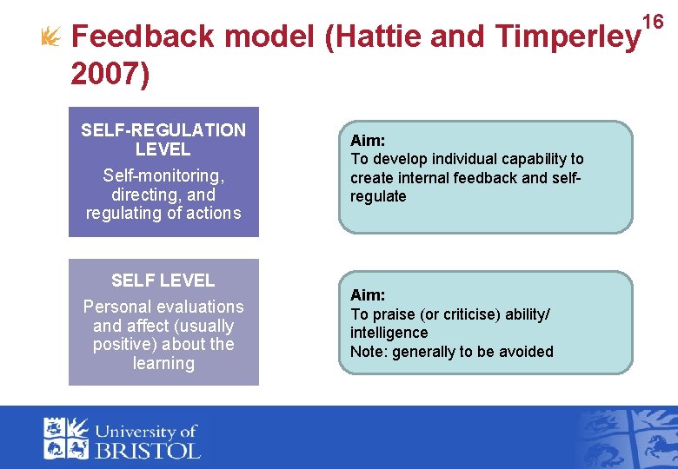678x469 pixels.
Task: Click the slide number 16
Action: click(x=652, y=21)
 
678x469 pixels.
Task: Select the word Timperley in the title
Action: click(x=566, y=36)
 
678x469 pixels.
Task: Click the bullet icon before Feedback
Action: click(x=50, y=36)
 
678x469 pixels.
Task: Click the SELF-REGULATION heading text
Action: click(x=163, y=130)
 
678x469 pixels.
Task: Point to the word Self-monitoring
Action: click(x=163, y=175)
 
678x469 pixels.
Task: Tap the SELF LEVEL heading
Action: click(x=163, y=281)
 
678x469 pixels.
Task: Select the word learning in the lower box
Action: click(x=163, y=363)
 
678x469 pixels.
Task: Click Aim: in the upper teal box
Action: click(x=368, y=140)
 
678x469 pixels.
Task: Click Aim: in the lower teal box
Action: click(x=368, y=295)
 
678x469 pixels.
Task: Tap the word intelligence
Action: click(x=389, y=333)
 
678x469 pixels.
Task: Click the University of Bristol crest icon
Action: click(x=66, y=438)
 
